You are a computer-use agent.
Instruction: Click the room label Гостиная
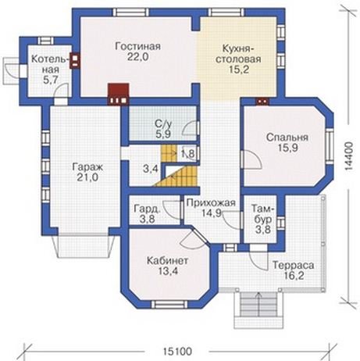click(x=137, y=46)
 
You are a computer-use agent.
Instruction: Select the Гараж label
click(x=87, y=167)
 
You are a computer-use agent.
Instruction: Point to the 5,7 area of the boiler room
click(x=50, y=80)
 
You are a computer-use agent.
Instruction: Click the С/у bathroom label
click(x=164, y=123)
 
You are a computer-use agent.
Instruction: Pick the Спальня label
click(x=287, y=138)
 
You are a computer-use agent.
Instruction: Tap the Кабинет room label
click(x=168, y=260)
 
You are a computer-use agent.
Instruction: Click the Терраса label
click(x=293, y=266)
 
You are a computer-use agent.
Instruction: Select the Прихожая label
click(x=211, y=202)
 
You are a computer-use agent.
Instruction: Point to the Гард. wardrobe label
click(x=147, y=209)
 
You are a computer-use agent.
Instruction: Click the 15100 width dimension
click(x=177, y=352)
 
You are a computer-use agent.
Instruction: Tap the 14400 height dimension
click(x=350, y=156)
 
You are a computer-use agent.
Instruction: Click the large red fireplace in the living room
click(x=119, y=94)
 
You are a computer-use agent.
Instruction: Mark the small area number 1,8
click(x=187, y=154)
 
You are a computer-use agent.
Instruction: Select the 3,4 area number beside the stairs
click(x=151, y=169)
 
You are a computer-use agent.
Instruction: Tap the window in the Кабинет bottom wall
click(x=169, y=305)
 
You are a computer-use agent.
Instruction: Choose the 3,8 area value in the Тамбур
click(x=263, y=230)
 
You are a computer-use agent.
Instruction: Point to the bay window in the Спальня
click(x=330, y=146)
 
